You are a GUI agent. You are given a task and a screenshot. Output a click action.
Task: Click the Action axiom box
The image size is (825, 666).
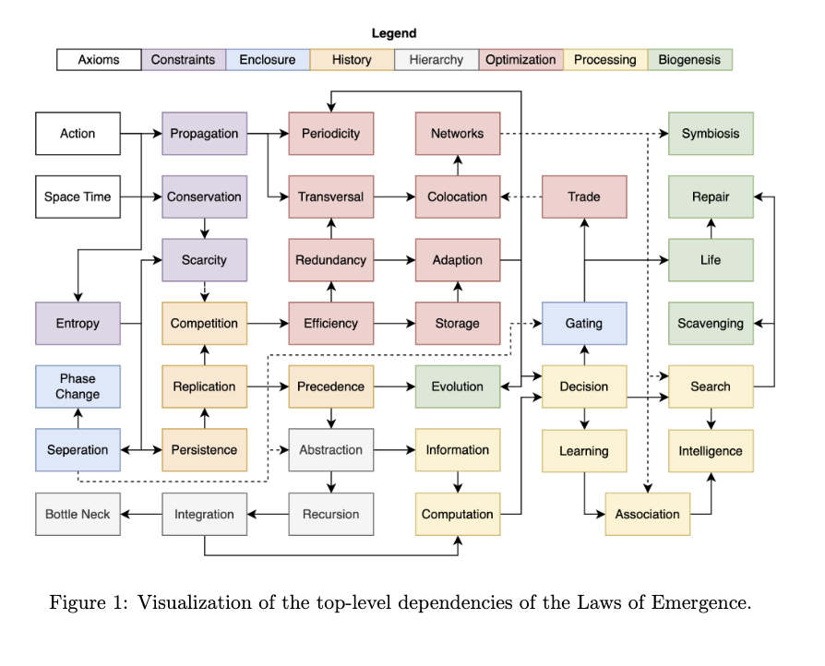78,134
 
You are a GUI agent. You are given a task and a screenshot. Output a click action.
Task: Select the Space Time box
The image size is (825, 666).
78,196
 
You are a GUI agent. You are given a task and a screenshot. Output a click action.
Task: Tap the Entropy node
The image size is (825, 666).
78,324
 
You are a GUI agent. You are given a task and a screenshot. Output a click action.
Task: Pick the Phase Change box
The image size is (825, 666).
78,387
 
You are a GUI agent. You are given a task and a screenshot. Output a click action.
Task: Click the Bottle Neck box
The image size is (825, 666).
78,514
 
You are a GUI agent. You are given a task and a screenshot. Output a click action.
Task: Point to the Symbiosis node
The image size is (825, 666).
710,134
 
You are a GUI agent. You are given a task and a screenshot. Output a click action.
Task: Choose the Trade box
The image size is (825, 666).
583,196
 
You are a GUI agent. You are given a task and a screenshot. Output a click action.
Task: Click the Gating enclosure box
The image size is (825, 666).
583,324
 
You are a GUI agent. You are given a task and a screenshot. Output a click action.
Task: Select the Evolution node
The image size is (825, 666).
457,387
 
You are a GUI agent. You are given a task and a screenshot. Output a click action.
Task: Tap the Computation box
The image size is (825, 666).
457,514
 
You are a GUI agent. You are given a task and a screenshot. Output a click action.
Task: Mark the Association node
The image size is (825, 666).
647,514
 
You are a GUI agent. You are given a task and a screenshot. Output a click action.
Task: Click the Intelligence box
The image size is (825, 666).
710,451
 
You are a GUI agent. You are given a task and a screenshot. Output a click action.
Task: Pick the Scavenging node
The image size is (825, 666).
710,324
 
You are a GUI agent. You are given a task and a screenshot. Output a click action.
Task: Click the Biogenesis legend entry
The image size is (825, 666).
689,60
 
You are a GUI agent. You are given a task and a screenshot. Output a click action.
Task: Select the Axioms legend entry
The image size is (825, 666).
99,60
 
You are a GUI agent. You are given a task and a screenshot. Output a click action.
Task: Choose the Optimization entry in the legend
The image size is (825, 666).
520,60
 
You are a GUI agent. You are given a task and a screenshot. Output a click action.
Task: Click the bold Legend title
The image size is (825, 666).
394,33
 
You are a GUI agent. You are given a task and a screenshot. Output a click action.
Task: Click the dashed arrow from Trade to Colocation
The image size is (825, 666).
521,196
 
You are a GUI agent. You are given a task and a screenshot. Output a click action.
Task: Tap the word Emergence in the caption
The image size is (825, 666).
710,604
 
